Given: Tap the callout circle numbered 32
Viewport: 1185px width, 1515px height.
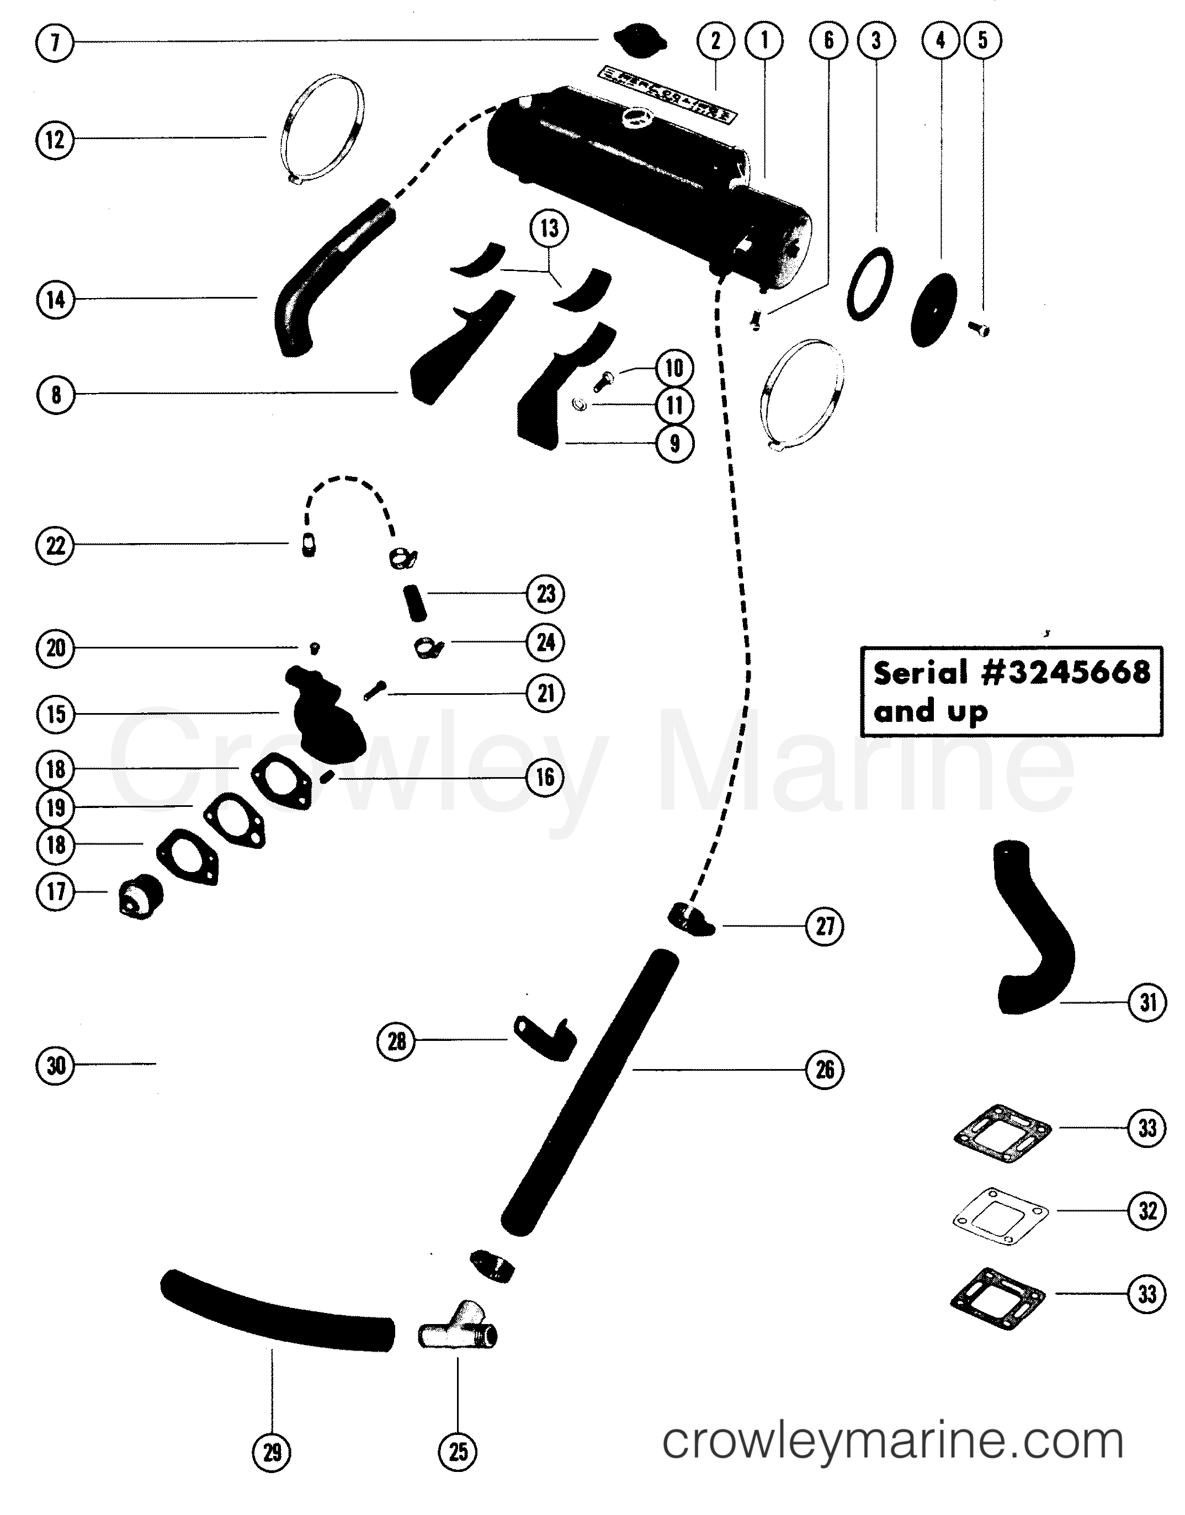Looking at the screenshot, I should (1147, 1210).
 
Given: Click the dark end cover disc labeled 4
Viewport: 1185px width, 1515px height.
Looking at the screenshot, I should (934, 308).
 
